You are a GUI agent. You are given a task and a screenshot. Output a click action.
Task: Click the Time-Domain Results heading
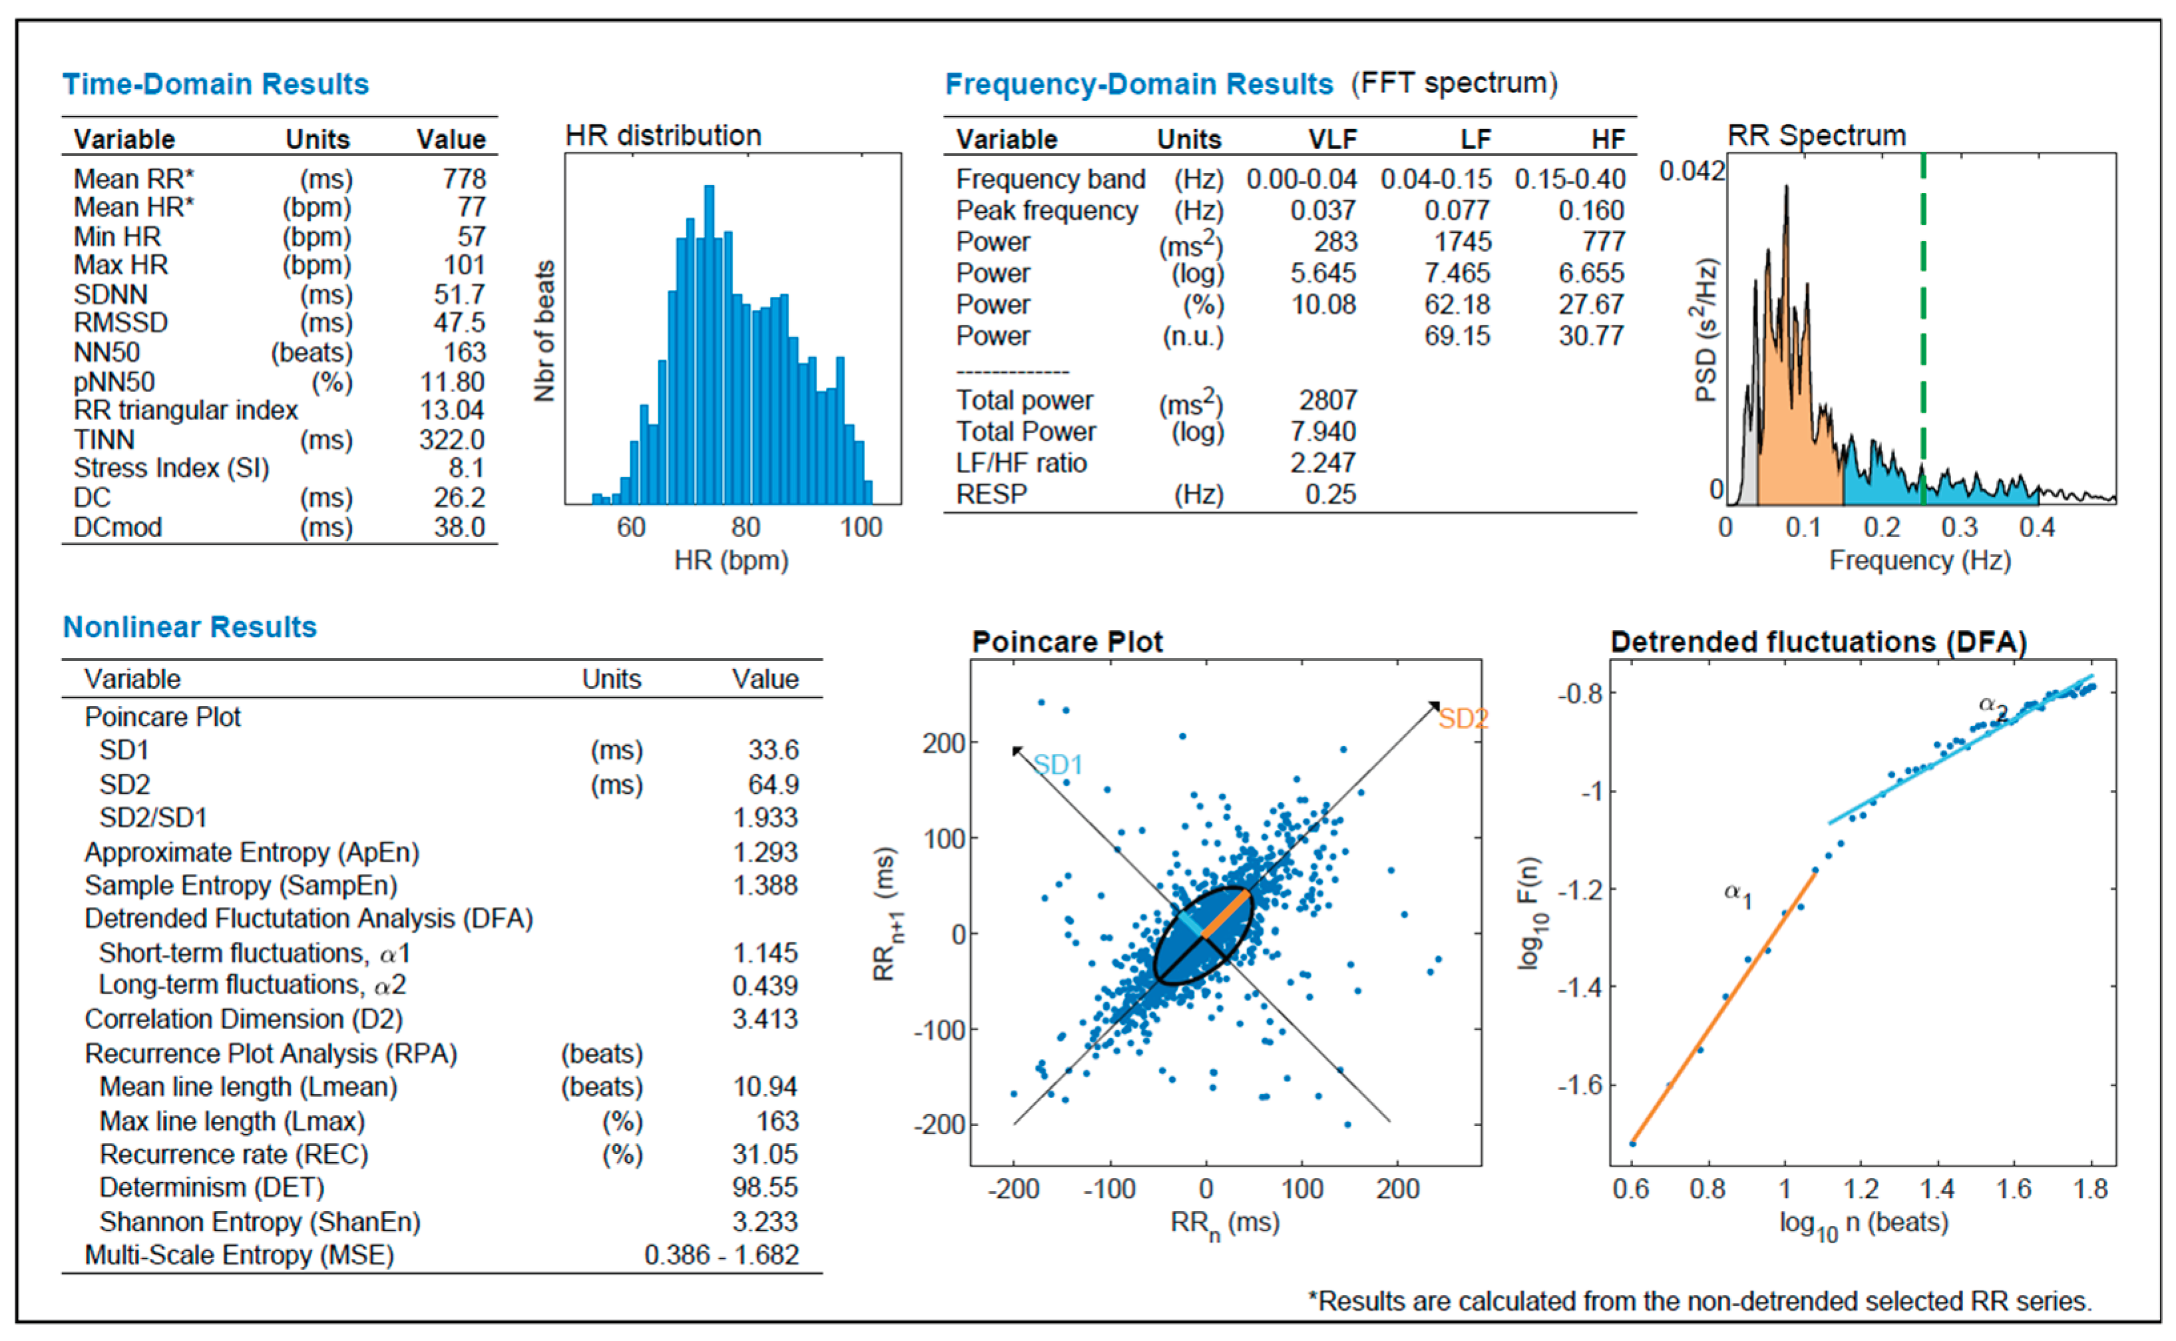pos(216,85)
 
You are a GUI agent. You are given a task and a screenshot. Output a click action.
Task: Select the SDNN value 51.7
pos(459,294)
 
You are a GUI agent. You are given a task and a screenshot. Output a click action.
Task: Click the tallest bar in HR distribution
pos(709,346)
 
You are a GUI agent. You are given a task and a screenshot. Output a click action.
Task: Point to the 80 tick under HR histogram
pos(746,528)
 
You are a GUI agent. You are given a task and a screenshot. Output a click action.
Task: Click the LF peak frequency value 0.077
pos(1457,211)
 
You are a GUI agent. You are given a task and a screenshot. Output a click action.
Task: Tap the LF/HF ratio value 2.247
pos(1322,463)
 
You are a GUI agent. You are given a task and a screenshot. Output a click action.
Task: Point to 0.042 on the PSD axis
pos(1691,170)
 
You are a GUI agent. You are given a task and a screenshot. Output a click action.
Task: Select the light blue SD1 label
pos(1058,765)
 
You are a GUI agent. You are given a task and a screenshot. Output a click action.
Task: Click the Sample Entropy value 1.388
pos(765,886)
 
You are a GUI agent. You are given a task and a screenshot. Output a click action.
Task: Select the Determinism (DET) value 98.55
pos(765,1187)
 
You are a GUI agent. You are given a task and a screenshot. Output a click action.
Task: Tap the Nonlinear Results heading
pos(190,627)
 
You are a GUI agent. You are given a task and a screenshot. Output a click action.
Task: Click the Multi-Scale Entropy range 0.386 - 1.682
pos(721,1256)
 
